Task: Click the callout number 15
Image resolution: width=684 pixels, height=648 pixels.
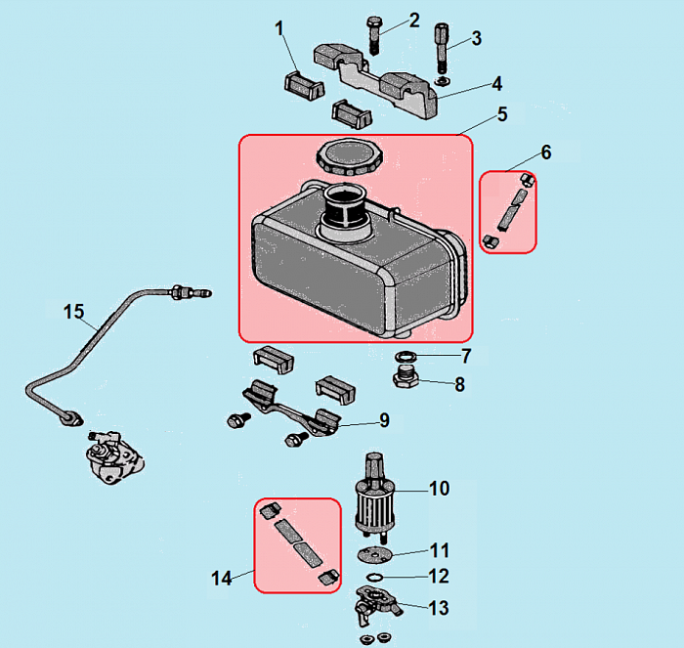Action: pos(74,312)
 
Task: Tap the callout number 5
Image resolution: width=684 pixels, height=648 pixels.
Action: pos(502,114)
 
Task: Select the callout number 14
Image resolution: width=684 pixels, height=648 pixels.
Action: pos(221,579)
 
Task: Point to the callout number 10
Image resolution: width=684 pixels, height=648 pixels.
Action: pos(439,486)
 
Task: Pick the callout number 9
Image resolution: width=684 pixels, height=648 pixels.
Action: pos(384,420)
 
